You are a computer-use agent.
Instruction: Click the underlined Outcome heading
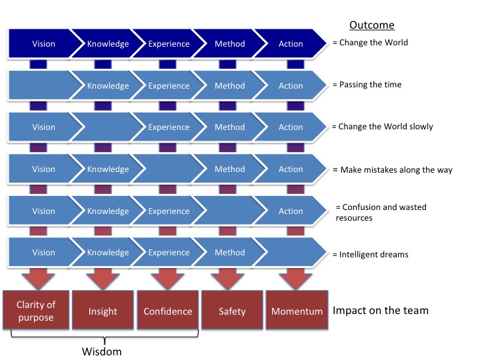click(x=371, y=25)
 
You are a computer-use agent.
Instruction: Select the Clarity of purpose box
click(x=36, y=310)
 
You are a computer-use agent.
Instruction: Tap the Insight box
click(x=103, y=310)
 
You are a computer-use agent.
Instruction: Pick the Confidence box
click(x=168, y=310)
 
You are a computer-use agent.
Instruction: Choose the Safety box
click(x=232, y=310)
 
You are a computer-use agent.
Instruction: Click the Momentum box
click(x=297, y=310)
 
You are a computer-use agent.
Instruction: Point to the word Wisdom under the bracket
click(x=101, y=351)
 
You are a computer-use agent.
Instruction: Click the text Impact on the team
click(x=381, y=311)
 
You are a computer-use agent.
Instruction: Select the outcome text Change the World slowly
click(x=383, y=127)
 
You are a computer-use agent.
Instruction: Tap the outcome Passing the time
click(x=367, y=85)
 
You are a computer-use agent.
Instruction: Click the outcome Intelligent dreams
click(x=371, y=255)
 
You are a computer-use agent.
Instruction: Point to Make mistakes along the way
click(x=393, y=170)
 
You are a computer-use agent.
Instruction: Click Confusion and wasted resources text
click(x=381, y=213)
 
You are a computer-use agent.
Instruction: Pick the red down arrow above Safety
click(x=227, y=279)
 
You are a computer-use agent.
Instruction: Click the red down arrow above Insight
click(x=103, y=279)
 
